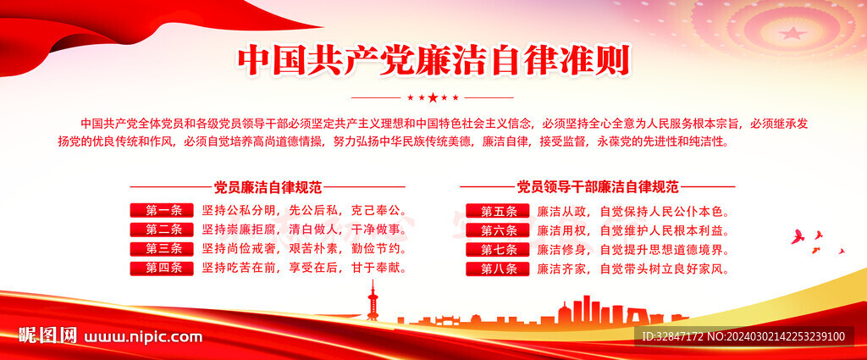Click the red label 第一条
(x=162, y=210)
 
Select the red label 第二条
(x=162, y=230)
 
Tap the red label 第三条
(x=162, y=249)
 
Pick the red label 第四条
(x=162, y=269)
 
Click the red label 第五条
(x=498, y=211)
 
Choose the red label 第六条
(x=498, y=230)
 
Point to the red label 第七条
(x=498, y=249)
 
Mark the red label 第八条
(x=498, y=269)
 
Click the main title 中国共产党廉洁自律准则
(x=433, y=61)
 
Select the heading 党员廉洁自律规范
(x=268, y=187)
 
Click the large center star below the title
(x=433, y=98)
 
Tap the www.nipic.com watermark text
(x=142, y=337)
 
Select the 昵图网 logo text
(x=47, y=335)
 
